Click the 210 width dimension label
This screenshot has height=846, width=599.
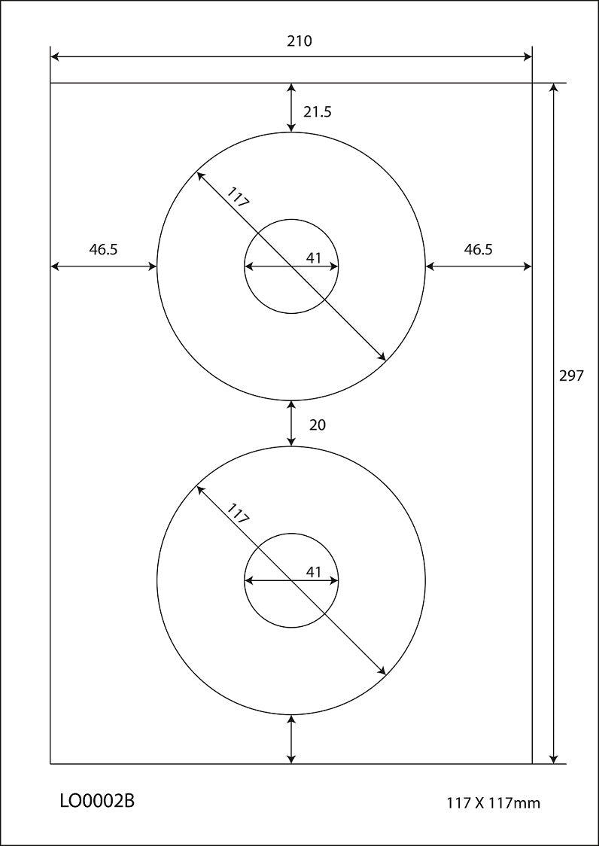(299, 41)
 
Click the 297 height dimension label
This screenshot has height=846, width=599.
(572, 376)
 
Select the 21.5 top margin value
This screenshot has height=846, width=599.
(317, 112)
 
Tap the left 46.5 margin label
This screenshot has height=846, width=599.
(103, 250)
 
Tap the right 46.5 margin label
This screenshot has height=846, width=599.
(478, 250)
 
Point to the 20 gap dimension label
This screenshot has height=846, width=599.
(318, 425)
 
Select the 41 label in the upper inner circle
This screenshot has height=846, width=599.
(314, 258)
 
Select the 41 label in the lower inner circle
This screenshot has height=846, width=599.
(314, 572)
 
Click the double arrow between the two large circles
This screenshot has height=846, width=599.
(291, 424)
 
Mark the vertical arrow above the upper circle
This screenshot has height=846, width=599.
(291, 108)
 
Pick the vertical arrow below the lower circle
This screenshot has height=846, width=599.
(291, 739)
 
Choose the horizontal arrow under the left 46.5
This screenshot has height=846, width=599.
(103, 266)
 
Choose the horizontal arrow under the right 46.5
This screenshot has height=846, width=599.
(479, 266)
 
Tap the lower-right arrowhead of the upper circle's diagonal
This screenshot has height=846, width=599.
(383, 358)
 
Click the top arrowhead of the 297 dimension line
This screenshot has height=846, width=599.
(555, 88)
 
